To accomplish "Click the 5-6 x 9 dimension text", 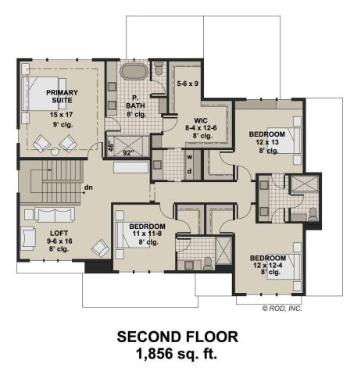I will [x=188, y=82].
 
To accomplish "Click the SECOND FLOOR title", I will [x=180, y=337].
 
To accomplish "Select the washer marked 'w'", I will [x=190, y=155].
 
